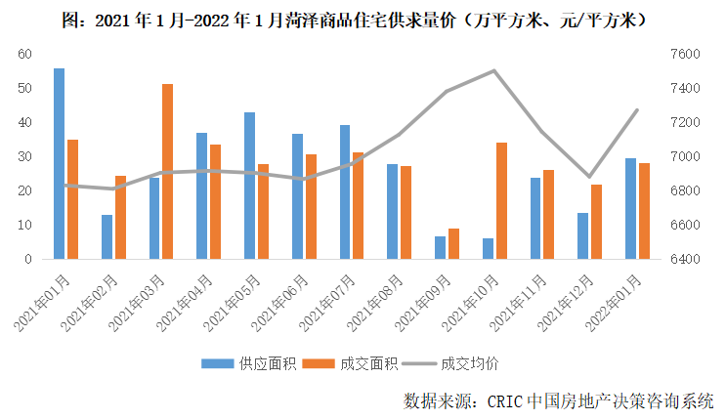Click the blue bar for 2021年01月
[60, 164]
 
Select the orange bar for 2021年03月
[168, 172]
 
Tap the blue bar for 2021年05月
[250, 186]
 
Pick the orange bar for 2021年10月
[502, 201]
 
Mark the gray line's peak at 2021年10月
[494, 70]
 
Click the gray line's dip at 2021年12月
[589, 177]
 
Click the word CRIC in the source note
[500, 401]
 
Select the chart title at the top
[362, 19]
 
